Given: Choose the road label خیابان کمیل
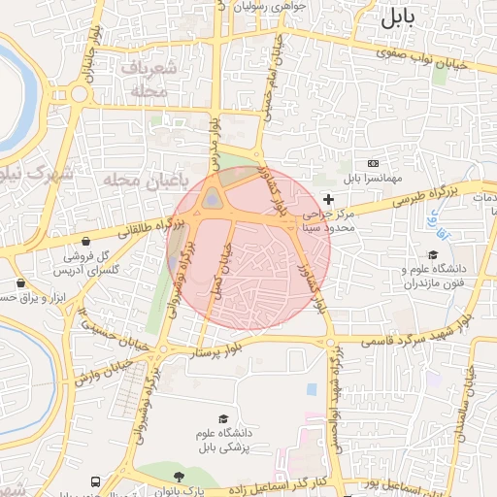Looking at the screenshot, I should tap(225, 271).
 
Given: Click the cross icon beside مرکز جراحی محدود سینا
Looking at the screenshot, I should tap(328, 198).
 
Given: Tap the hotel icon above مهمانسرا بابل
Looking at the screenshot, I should tap(373, 163).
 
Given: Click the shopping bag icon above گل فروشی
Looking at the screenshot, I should tap(87, 241).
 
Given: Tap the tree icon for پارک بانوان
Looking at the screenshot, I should tap(179, 477).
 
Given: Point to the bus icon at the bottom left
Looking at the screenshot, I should tap(95, 481).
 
